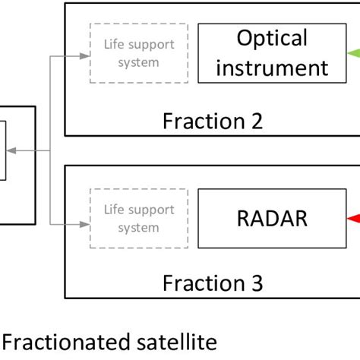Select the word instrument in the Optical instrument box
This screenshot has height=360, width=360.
coord(271,68)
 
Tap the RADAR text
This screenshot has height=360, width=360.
coord(262,218)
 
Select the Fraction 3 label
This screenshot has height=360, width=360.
coord(213,283)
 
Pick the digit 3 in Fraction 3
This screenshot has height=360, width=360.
coord(256,283)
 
